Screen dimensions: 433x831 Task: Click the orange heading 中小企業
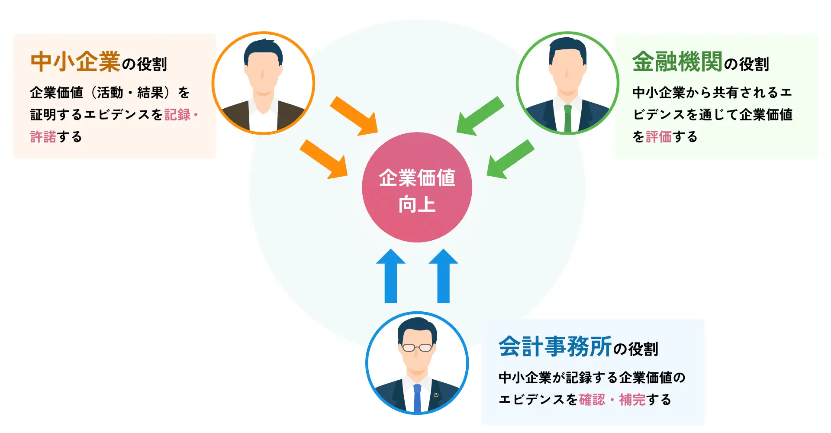click(75, 61)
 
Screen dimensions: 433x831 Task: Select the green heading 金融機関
click(677, 61)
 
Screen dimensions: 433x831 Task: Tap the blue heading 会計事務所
click(555, 346)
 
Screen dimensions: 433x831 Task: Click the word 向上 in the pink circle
click(417, 204)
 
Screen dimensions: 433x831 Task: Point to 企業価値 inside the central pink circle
click(417, 178)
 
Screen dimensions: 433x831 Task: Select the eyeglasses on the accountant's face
click(417, 347)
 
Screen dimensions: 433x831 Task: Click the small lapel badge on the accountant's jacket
click(436, 394)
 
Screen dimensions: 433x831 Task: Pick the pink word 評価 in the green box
click(658, 137)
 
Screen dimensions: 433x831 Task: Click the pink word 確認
click(592, 399)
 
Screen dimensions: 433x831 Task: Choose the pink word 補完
click(632, 399)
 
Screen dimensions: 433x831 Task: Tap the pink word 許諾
click(43, 137)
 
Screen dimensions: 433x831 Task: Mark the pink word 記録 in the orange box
click(177, 115)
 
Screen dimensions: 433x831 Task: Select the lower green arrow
click(510, 159)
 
